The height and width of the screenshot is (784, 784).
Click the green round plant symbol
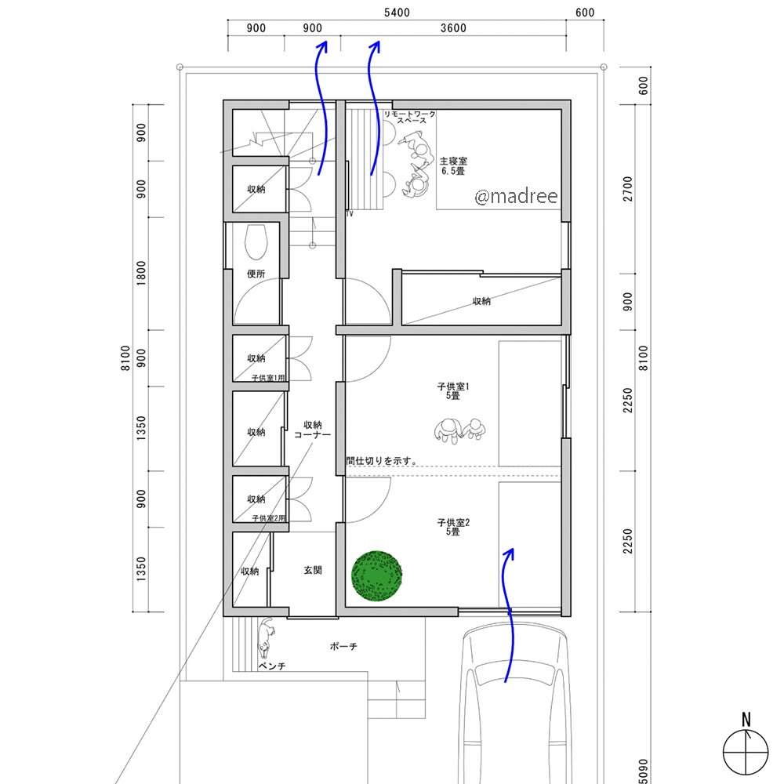(x=378, y=576)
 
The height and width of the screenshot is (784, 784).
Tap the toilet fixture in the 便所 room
(x=256, y=243)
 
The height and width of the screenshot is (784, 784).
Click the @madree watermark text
(x=517, y=197)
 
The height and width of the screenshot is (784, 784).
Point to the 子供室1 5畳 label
(x=453, y=391)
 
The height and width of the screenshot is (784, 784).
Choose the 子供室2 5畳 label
(x=453, y=527)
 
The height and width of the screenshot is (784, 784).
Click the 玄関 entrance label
(x=313, y=571)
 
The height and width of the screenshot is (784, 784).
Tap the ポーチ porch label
(x=343, y=648)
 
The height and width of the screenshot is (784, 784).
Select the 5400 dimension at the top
(x=397, y=13)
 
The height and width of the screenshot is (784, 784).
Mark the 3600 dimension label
(x=453, y=29)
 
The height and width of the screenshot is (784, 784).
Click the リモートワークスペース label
(x=409, y=117)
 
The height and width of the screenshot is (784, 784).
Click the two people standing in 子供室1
(x=458, y=430)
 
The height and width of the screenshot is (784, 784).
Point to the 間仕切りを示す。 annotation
(x=381, y=461)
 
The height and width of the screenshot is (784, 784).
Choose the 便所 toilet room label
(x=256, y=274)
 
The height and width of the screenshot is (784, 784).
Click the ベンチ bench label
(x=272, y=666)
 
